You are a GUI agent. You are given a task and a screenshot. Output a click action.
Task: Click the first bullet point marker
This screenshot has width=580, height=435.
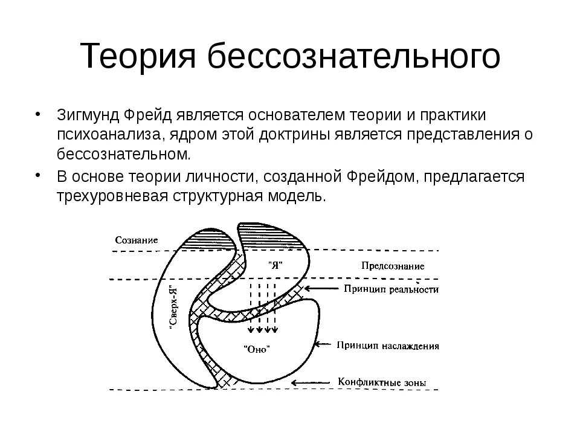(38, 115)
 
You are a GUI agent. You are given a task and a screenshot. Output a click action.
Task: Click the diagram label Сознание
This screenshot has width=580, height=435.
(137, 240)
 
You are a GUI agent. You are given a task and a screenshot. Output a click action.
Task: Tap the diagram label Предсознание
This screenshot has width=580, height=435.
(393, 265)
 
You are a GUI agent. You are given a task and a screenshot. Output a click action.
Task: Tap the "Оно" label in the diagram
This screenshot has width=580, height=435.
(256, 349)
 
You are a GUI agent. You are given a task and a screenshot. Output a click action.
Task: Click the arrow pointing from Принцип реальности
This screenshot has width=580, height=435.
(320, 289)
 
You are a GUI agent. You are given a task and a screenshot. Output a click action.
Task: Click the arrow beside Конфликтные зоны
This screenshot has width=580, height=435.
(312, 382)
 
